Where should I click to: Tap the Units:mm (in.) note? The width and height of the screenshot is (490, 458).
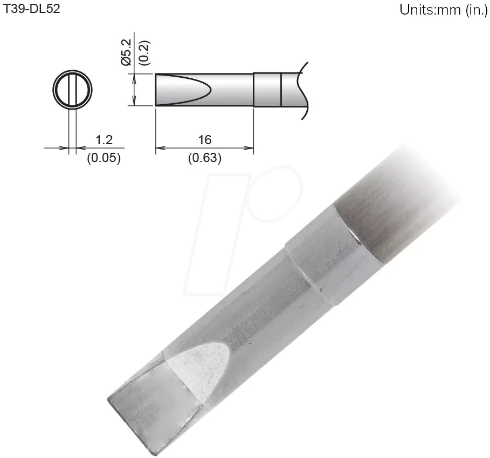443,10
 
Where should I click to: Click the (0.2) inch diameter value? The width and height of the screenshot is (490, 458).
143,52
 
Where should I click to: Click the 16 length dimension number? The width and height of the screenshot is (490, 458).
204,140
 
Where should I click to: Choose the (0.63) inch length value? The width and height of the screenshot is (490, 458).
204,158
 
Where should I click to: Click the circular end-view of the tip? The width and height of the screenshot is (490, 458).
73,89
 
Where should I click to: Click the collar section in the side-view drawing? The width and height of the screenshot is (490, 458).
267,89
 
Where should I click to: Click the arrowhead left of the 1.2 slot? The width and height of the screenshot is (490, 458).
66,147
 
